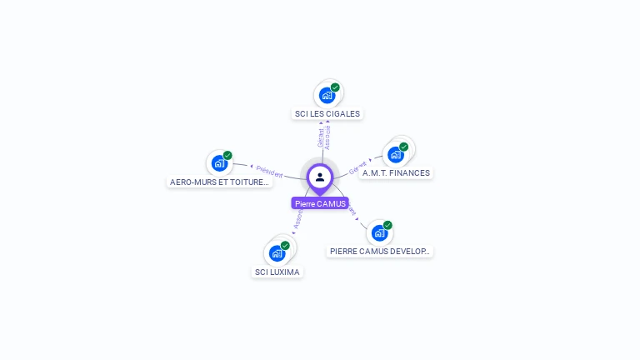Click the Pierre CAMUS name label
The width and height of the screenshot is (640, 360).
(320, 203)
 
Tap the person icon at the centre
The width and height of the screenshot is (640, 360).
(320, 177)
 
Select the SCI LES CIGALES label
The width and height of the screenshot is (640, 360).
(328, 113)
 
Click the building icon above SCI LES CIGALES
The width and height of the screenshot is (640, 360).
(327, 95)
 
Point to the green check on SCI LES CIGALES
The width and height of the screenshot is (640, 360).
(335, 87)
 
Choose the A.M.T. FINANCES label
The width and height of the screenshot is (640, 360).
(396, 173)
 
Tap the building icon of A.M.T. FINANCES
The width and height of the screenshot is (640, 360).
(395, 154)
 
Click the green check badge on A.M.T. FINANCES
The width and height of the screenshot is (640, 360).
(403, 147)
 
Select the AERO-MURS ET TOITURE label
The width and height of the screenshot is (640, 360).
(219, 182)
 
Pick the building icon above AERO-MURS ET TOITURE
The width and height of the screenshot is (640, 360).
(218, 162)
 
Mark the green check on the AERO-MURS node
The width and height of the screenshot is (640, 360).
(227, 155)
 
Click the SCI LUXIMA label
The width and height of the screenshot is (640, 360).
(277, 272)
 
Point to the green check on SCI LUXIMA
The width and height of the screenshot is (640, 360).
(285, 246)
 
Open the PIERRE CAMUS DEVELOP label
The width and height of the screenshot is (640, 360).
(380, 251)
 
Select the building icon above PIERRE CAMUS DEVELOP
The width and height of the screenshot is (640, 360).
(379, 232)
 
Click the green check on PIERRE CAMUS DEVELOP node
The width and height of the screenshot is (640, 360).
(387, 225)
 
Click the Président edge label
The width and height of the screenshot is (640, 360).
(269, 171)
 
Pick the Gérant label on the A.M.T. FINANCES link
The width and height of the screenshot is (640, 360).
(358, 166)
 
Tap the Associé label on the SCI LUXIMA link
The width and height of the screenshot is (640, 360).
(298, 218)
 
